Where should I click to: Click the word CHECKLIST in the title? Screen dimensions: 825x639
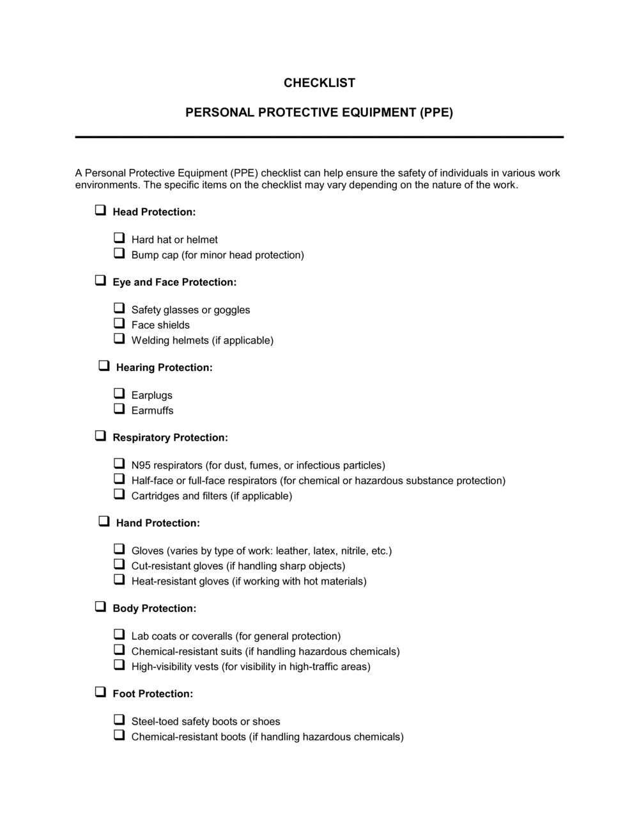click(x=319, y=83)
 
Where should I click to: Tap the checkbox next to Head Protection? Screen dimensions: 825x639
click(x=100, y=210)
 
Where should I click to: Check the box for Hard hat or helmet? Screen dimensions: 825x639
click(x=119, y=238)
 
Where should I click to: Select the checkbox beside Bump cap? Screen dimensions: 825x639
click(x=119, y=253)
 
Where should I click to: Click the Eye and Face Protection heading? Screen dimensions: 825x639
click(x=174, y=283)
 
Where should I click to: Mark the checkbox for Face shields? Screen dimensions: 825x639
click(x=119, y=324)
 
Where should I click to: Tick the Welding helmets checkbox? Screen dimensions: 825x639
click(x=119, y=338)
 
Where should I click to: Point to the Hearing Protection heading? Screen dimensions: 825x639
click(x=164, y=368)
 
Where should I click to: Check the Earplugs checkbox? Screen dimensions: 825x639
click(x=119, y=393)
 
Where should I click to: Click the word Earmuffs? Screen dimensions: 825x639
click(x=152, y=411)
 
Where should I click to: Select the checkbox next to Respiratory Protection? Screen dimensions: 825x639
click(x=100, y=436)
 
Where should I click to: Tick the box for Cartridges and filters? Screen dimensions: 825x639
click(x=119, y=494)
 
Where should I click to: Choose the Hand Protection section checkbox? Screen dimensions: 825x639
click(x=104, y=521)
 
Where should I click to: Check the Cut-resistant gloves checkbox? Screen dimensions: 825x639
click(x=119, y=564)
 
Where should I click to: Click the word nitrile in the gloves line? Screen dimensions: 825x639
click(x=353, y=551)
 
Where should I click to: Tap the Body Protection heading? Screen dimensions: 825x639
click(x=154, y=609)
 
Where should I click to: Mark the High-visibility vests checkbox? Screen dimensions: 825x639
click(x=119, y=665)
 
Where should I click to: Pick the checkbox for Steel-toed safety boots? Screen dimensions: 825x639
click(x=119, y=719)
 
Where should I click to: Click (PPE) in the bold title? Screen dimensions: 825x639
click(x=436, y=113)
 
